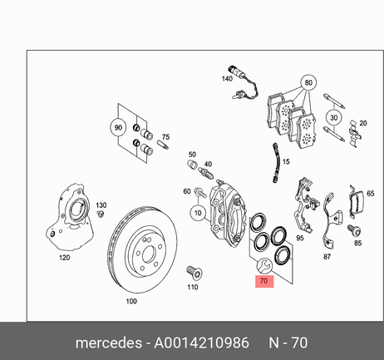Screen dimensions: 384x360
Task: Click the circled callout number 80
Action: (308, 82)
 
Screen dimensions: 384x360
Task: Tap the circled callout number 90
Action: (118, 128)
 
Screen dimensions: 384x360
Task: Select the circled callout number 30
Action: (333, 118)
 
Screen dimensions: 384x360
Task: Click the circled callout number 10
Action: (198, 213)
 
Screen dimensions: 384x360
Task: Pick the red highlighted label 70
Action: (264, 281)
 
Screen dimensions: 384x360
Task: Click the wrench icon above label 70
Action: (264, 265)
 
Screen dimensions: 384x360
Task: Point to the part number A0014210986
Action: (201, 343)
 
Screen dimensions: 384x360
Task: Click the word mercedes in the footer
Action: (109, 343)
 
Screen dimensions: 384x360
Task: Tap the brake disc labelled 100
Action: (141, 249)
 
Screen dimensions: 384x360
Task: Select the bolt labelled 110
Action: (194, 272)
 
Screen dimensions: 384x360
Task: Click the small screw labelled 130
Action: (101, 214)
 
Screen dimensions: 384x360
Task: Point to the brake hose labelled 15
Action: (275, 163)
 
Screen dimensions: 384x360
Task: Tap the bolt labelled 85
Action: (355, 230)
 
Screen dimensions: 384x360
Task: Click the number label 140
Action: (227, 79)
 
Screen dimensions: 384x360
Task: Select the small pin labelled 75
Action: (163, 145)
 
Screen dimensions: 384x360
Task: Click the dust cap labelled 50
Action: (192, 164)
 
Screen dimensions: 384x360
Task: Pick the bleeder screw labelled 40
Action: (206, 172)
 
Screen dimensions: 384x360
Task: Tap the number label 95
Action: (300, 238)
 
